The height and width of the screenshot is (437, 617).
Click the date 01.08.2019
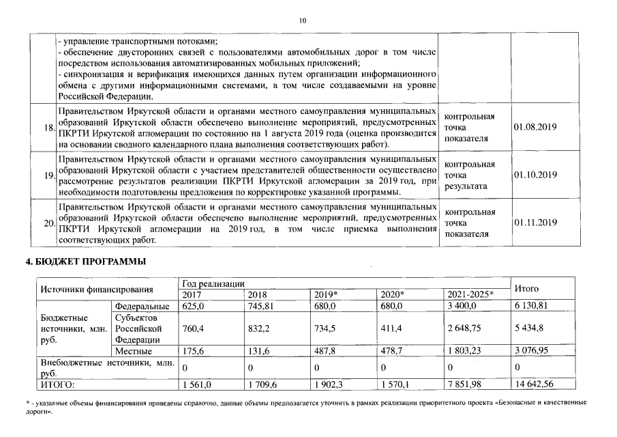535,128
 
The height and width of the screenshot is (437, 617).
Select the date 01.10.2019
535,175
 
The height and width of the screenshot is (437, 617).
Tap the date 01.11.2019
535,223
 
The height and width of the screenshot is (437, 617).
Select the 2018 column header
257,294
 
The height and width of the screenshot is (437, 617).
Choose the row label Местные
133,351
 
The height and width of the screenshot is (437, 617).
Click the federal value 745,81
262,306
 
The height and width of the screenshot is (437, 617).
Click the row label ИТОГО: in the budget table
57,385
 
